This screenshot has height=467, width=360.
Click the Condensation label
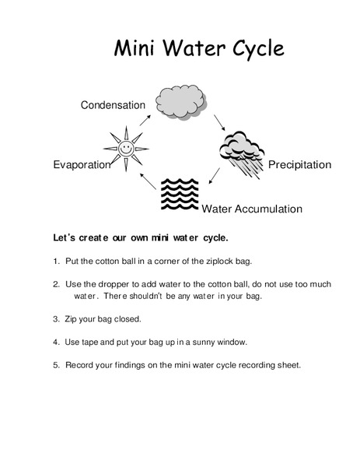[113, 105]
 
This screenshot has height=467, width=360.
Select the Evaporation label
[82, 165]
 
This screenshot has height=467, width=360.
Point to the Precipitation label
[299, 165]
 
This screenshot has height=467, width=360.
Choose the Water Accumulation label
[252, 209]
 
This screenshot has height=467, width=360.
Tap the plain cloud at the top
[180, 100]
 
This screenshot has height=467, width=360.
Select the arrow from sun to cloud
[145, 118]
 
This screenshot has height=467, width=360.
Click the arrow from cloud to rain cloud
[219, 121]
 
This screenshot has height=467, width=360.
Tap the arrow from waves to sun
[146, 181]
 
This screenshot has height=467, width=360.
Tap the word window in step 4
[231, 342]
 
